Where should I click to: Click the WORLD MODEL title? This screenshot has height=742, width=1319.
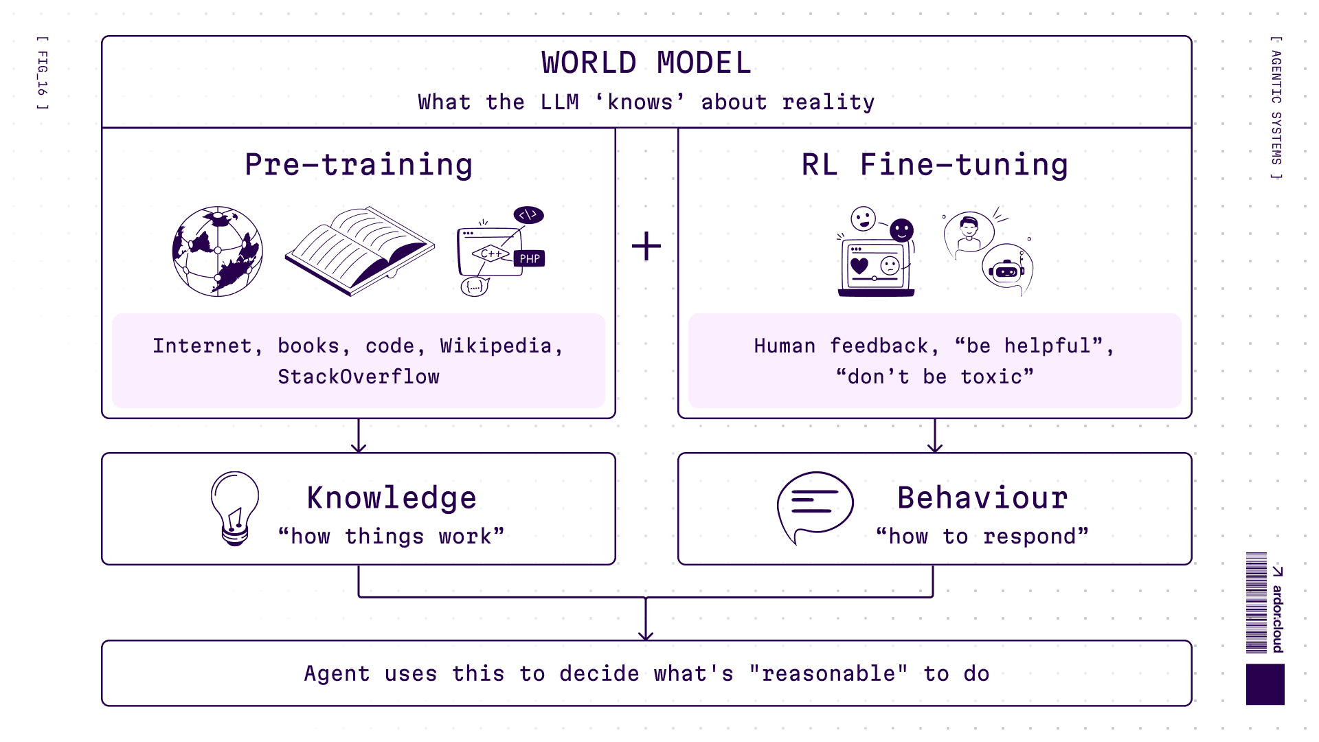[x=646, y=63]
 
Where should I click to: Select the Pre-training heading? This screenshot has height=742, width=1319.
[x=359, y=165]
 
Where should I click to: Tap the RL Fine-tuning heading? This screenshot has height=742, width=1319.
[x=934, y=165]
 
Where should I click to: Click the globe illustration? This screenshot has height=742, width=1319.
[x=217, y=251]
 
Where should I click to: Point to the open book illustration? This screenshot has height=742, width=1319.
[x=359, y=251]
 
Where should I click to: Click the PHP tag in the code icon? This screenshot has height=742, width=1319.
[x=529, y=259]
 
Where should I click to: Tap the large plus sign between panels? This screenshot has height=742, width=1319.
[x=646, y=246]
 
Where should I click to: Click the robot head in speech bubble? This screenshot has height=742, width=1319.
[x=1007, y=270]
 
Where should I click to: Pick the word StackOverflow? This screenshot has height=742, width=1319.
[x=359, y=376]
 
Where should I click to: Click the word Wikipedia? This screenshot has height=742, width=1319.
[x=496, y=346]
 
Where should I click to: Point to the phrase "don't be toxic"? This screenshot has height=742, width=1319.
[x=934, y=376]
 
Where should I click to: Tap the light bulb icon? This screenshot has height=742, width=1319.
[x=235, y=508]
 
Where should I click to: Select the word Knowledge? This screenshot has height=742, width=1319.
[x=392, y=498]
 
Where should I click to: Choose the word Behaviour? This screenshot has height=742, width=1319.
[x=982, y=498]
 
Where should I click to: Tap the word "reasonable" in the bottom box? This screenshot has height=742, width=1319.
[x=828, y=673]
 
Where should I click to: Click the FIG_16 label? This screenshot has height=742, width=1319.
[x=43, y=73]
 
